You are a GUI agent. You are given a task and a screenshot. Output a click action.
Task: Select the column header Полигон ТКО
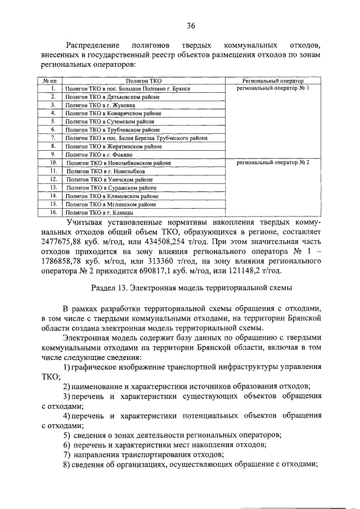[x=143, y=81]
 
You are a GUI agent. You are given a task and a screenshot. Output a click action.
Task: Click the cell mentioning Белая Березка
[x=136, y=138]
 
